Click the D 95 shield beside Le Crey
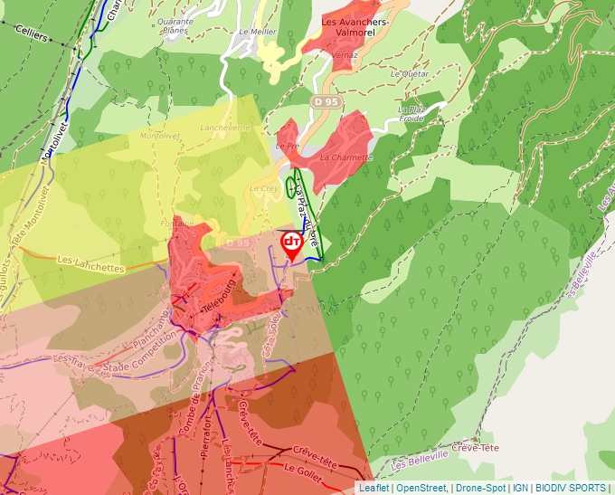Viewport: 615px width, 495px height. [x=237, y=243]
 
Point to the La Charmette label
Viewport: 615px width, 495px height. [x=345, y=157]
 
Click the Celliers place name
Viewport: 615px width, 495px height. [x=30, y=33]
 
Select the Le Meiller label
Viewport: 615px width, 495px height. [x=257, y=32]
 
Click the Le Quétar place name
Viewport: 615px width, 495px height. [x=409, y=74]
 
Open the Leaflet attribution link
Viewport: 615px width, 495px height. [x=374, y=488]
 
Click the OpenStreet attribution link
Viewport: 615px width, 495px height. [x=421, y=488]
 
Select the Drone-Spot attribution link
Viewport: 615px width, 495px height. [x=480, y=488]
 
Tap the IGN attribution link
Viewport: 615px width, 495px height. [x=521, y=488]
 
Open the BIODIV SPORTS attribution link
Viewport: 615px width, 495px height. [x=571, y=488]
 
